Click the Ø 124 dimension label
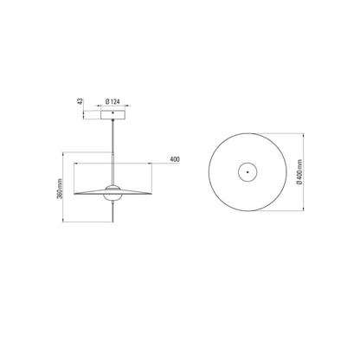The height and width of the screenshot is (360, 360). [x=112, y=101]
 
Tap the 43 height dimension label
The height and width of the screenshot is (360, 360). [x=80, y=101]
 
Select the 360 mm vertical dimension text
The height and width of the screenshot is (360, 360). [x=60, y=189]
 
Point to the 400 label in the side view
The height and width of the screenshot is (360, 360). [x=175, y=159]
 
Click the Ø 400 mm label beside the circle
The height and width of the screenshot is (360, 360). [x=299, y=172]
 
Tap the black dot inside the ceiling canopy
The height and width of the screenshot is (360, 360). [x=112, y=112]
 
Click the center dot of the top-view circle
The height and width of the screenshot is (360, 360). [x=247, y=172]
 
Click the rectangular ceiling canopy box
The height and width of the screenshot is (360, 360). [x=112, y=114]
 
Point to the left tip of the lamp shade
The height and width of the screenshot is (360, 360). [x=74, y=194]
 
